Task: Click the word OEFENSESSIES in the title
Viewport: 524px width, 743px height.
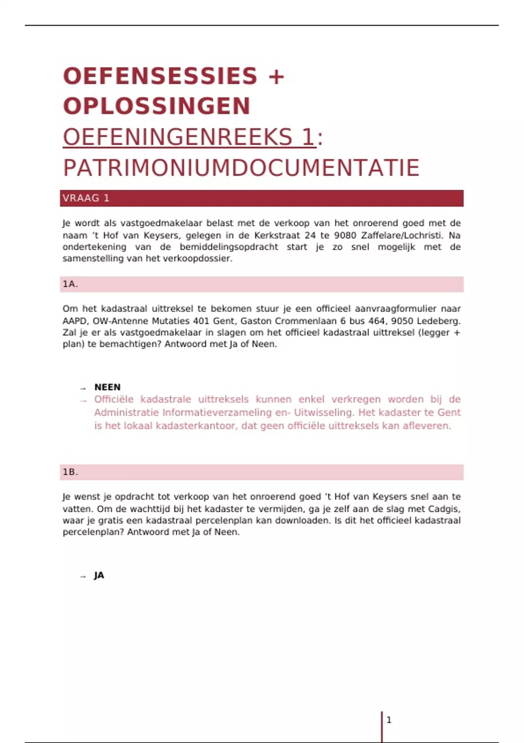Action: point(160,76)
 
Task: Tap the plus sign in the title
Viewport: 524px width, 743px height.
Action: point(276,76)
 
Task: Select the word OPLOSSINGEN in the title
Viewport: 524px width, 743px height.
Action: point(157,106)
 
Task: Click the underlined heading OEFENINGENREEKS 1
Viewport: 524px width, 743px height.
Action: point(189,137)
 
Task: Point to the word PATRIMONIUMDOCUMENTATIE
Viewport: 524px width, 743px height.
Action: point(241,168)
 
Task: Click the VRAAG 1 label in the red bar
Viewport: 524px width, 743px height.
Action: point(86,198)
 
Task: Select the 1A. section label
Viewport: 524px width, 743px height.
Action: point(70,284)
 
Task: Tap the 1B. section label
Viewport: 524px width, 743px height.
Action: point(70,472)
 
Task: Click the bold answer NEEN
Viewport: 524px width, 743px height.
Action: point(107,387)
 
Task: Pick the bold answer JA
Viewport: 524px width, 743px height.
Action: point(99,575)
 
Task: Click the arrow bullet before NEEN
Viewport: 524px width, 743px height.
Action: point(83,388)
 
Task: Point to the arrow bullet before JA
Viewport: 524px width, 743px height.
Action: point(83,576)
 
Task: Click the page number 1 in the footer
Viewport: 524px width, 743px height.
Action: point(389,720)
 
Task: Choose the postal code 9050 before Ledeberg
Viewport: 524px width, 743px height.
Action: point(402,321)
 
